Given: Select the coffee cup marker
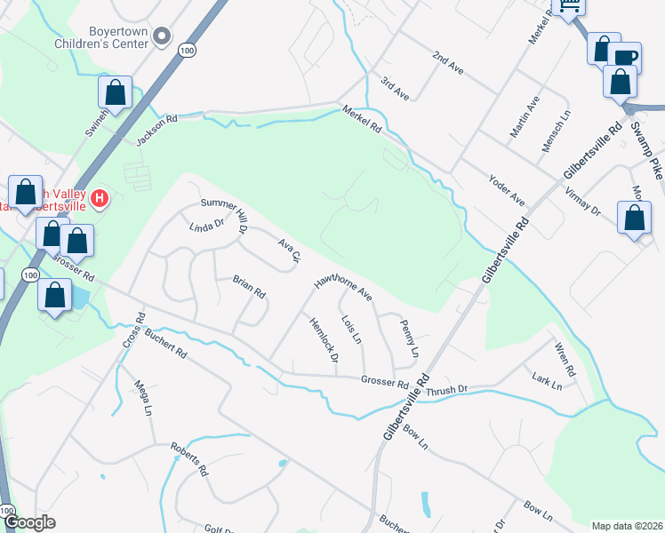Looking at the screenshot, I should [x=625, y=58].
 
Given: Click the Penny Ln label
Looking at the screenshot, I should [x=409, y=338].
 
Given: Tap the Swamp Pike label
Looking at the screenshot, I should [x=646, y=147].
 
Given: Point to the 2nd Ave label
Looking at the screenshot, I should [x=448, y=62].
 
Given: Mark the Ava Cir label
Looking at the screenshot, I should [x=291, y=250].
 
